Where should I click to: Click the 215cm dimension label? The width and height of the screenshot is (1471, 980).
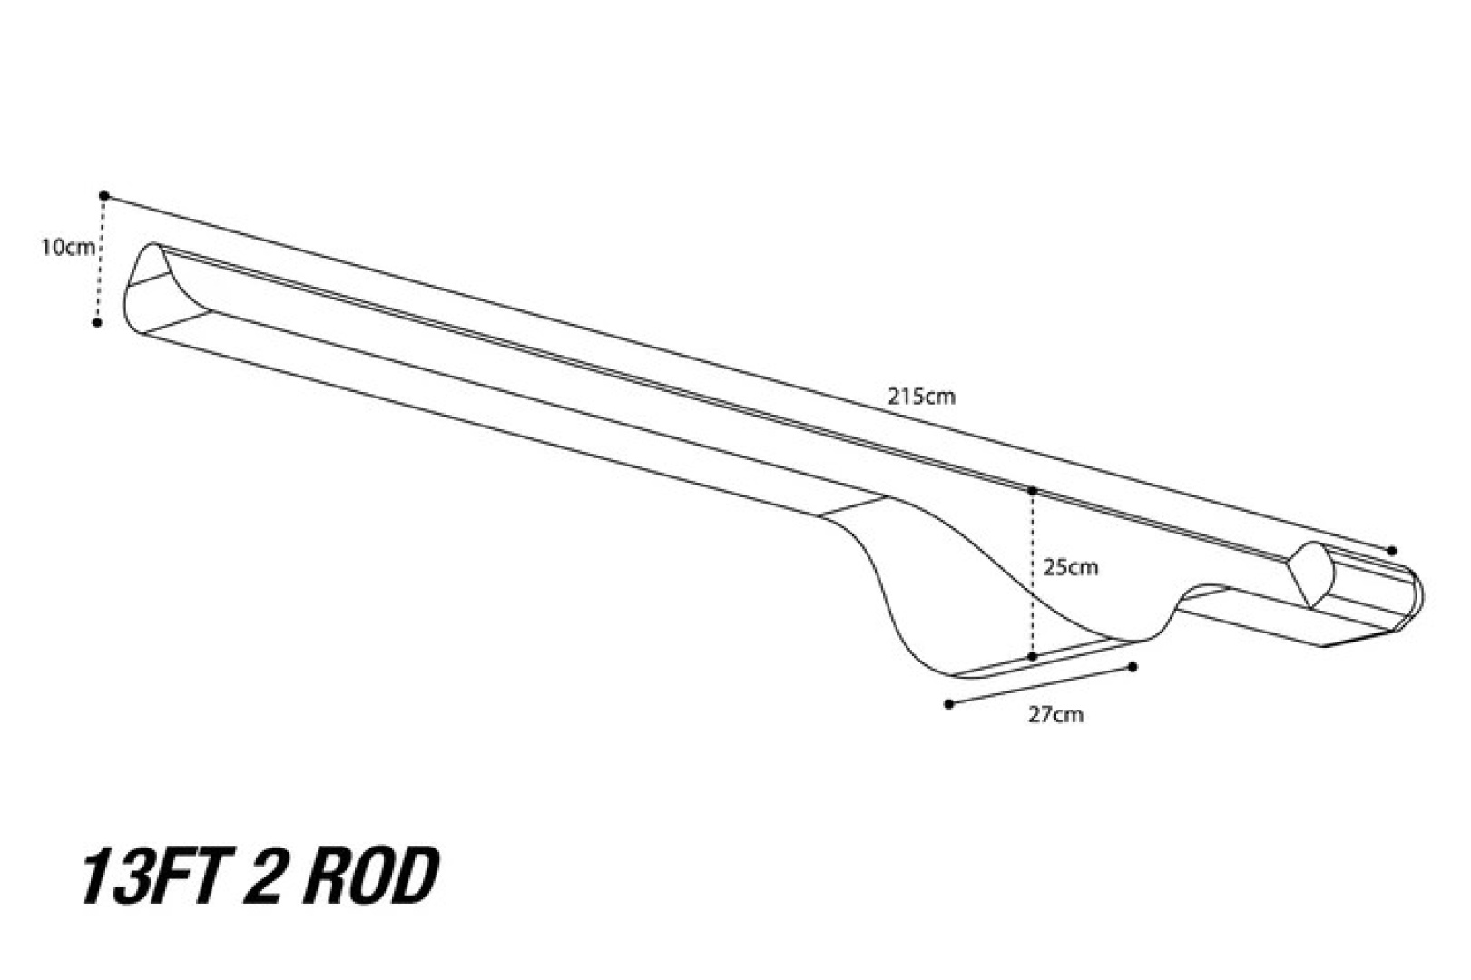pyautogui.click(x=921, y=397)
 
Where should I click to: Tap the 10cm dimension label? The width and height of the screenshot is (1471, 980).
pyautogui.click(x=66, y=247)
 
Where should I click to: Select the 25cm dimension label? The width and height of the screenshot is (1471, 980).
pyautogui.click(x=1070, y=568)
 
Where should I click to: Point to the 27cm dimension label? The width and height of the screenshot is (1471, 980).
pyautogui.click(x=1054, y=714)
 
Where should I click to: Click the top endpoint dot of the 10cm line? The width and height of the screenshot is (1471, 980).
pyautogui.click(x=104, y=195)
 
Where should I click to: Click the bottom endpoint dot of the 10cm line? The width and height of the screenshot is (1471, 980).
pyautogui.click(x=97, y=322)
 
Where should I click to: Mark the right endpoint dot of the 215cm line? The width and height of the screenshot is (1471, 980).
pyautogui.click(x=1392, y=551)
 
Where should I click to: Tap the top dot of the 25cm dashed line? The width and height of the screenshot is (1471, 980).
pyautogui.click(x=1033, y=491)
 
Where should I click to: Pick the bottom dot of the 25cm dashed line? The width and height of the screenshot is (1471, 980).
pyautogui.click(x=1033, y=656)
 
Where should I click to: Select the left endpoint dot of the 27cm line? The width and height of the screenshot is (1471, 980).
pyautogui.click(x=949, y=703)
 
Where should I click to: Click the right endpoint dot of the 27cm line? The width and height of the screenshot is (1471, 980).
pyautogui.click(x=1133, y=667)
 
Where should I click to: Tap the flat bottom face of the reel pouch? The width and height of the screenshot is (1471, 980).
pyautogui.click(x=1044, y=660)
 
